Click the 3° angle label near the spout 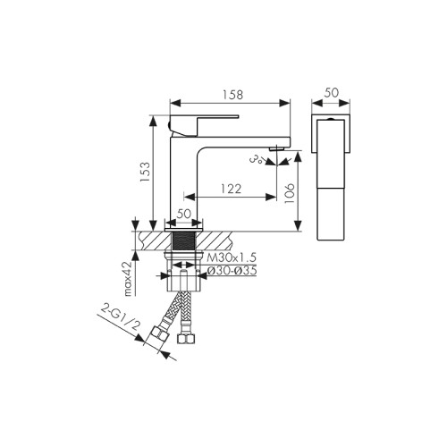pyautogui.click(x=257, y=160)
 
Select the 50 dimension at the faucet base pyautogui.click(x=185, y=214)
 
